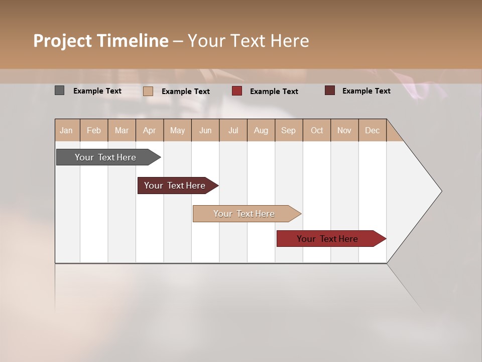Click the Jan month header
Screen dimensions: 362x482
[x=66, y=130]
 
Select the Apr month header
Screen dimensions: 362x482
[x=149, y=130]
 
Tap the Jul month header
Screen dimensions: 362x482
[x=233, y=130]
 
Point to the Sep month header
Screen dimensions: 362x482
[x=288, y=130]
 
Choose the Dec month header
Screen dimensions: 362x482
[x=372, y=130]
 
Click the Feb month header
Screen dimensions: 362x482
[x=94, y=130]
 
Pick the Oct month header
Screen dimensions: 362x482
[x=317, y=130]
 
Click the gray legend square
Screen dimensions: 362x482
[x=60, y=90]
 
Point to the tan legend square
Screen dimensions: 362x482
[x=148, y=91]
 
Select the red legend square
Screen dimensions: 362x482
[x=237, y=91]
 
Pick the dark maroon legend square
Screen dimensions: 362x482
[x=330, y=90]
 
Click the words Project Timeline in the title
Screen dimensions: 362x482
[x=101, y=41]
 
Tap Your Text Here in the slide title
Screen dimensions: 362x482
[x=248, y=41]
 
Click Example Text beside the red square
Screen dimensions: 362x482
[x=274, y=92]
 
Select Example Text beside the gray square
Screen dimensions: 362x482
[x=97, y=91]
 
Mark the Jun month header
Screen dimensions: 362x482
[x=205, y=130]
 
